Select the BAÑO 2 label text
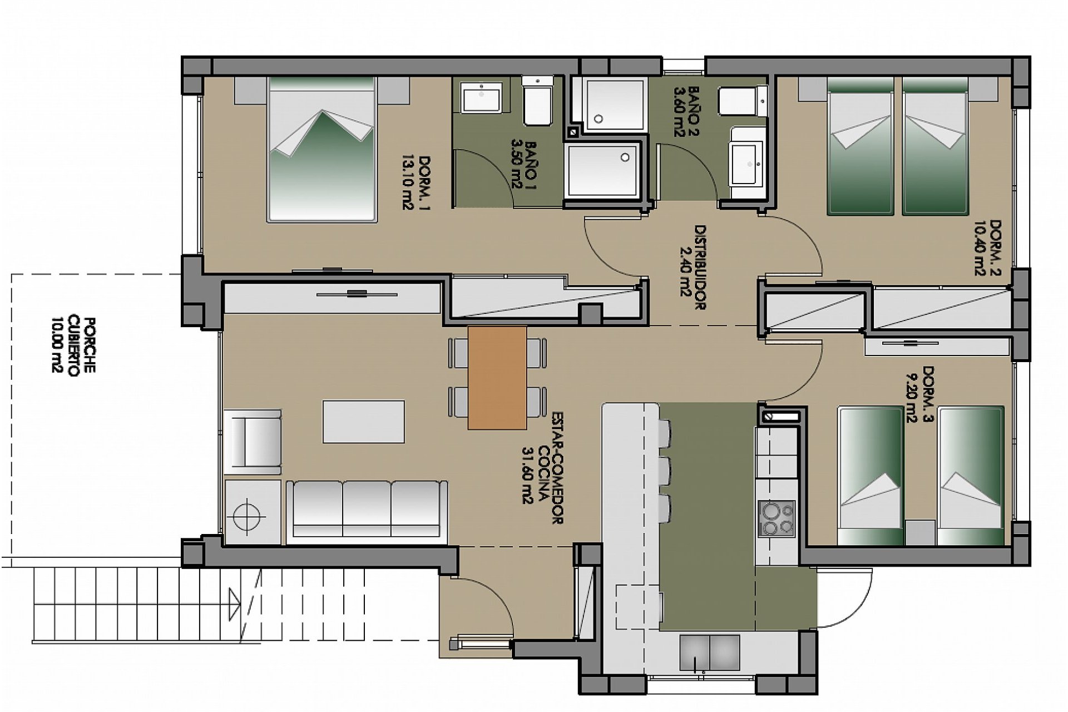click(x=686, y=111)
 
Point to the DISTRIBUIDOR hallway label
click(x=692, y=267)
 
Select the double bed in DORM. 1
click(x=322, y=149)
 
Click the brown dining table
click(x=497, y=378)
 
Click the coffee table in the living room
click(x=364, y=421)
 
